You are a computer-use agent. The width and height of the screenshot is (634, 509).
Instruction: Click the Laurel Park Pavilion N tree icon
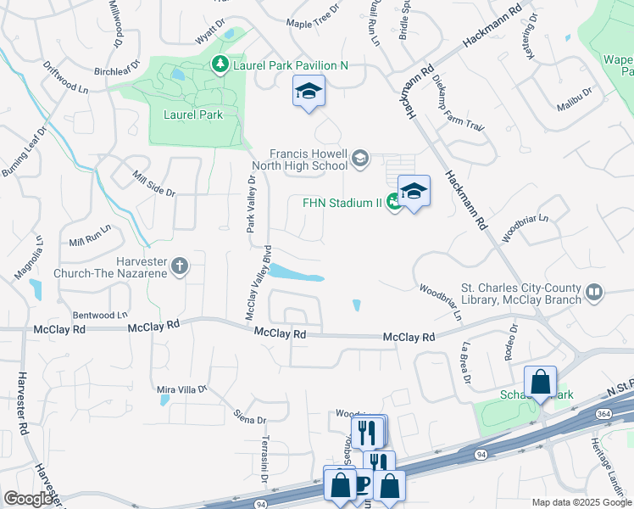point(220,64)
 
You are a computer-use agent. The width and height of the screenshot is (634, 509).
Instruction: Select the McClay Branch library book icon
point(594,293)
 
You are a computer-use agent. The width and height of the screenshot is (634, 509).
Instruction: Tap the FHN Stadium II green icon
point(393,202)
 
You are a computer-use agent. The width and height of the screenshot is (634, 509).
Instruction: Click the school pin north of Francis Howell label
point(309,92)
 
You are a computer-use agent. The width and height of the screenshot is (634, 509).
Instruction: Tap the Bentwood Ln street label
point(100,315)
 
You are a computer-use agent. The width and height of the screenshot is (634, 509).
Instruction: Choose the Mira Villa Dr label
point(182,389)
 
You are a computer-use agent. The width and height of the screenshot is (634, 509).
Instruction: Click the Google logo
point(29,499)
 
